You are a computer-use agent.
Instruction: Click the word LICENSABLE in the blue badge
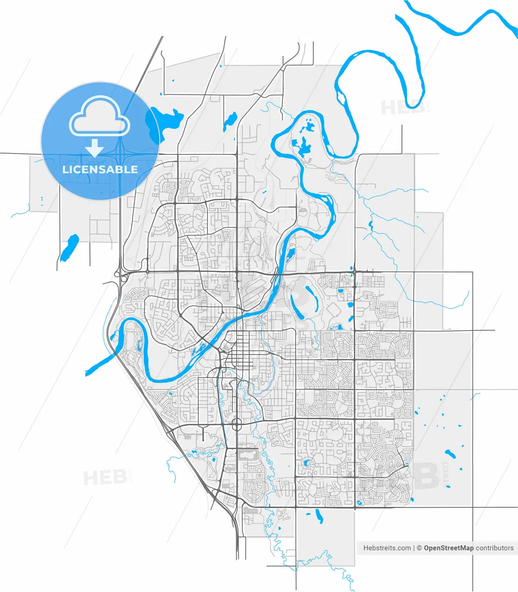coord(100,169)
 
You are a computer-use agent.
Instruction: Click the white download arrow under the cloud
coord(95,148)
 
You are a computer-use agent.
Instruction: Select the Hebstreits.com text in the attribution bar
coord(387,548)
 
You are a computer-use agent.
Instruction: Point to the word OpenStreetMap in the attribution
coord(449,548)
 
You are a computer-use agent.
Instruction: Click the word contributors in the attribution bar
coord(494,548)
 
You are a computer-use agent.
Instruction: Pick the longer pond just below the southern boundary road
coord(318,516)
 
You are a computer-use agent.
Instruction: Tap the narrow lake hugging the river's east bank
coord(290,254)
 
